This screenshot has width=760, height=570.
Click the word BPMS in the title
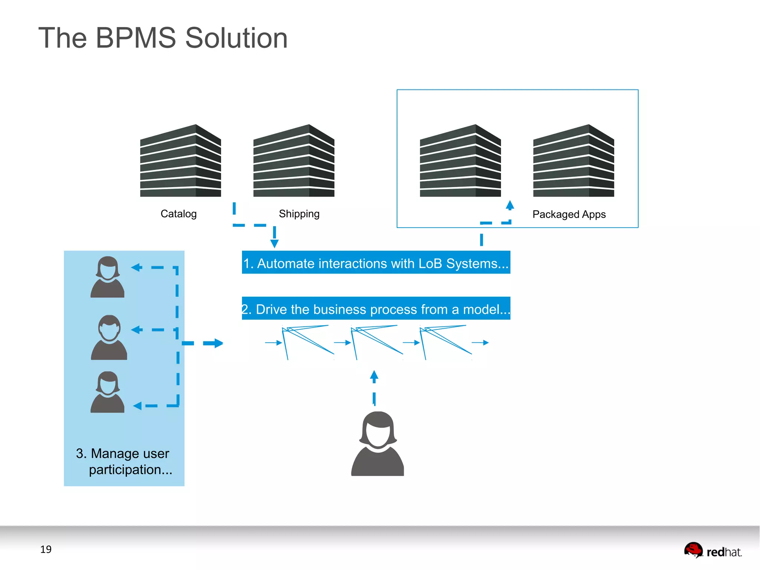pyautogui.click(x=136, y=38)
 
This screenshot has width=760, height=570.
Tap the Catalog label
pyautogui.click(x=178, y=214)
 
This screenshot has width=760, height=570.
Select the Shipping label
pyautogui.click(x=299, y=214)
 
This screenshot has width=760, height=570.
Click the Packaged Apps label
pyautogui.click(x=569, y=214)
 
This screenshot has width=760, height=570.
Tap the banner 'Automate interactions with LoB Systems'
pyautogui.click(x=376, y=263)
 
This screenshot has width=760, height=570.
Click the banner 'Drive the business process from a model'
pyautogui.click(x=376, y=309)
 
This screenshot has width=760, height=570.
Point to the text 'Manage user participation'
pyautogui.click(x=124, y=461)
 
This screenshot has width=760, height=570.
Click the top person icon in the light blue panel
pyautogui.click(x=108, y=277)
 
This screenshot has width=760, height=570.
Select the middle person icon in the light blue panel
pyautogui.click(x=109, y=338)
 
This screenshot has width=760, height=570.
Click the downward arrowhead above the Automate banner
pyautogui.click(x=274, y=244)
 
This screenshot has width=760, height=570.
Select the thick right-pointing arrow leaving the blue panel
pyautogui.click(x=215, y=343)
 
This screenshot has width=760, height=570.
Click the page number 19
pyautogui.click(x=46, y=549)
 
